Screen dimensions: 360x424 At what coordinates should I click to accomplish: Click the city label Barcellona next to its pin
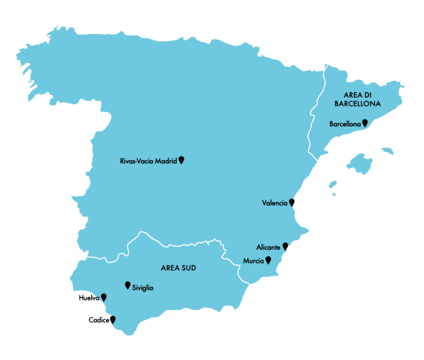click(345, 124)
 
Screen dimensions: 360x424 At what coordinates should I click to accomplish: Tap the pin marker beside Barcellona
click(365, 123)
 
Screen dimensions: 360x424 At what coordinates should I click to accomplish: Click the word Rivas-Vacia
click(137, 161)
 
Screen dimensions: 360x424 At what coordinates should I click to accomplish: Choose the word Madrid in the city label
click(166, 161)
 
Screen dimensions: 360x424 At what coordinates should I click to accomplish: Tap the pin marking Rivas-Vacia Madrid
click(181, 160)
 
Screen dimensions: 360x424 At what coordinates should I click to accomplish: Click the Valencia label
click(275, 203)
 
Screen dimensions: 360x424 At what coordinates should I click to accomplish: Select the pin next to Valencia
click(291, 202)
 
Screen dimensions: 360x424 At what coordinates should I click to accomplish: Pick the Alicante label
click(268, 247)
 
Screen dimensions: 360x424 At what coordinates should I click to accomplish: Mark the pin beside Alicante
click(286, 246)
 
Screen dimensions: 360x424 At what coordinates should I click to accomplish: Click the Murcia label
click(253, 261)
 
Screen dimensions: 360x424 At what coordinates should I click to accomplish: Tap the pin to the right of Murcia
click(268, 260)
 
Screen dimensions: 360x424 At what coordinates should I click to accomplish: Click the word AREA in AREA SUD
click(170, 268)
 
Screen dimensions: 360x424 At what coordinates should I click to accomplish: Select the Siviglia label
click(143, 288)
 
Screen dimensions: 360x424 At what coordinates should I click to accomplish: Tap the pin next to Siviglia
click(127, 285)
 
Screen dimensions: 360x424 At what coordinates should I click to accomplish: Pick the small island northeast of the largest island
click(388, 151)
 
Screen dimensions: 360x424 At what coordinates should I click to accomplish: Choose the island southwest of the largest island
click(332, 184)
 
